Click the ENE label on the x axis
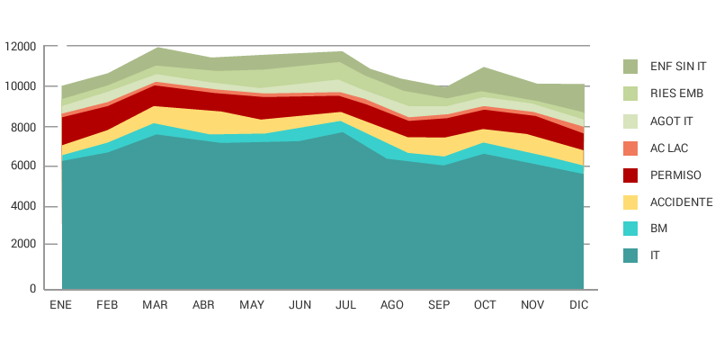click(60, 305)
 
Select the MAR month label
click(155, 305)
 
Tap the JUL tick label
click(345, 305)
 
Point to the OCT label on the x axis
click(485, 305)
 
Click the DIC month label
click(579, 305)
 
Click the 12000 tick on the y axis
click(20, 46)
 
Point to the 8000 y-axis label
click(23, 127)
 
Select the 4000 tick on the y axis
click(23, 206)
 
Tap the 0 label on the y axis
click(32, 289)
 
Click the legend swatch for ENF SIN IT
click(630, 67)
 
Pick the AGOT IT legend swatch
click(630, 121)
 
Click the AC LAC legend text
click(669, 148)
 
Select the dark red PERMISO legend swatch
click(630, 175)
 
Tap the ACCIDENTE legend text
click(681, 202)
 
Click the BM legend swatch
click(630, 229)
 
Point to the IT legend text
click(655, 256)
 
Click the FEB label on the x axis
click(107, 305)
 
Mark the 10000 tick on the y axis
click(20, 86)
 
